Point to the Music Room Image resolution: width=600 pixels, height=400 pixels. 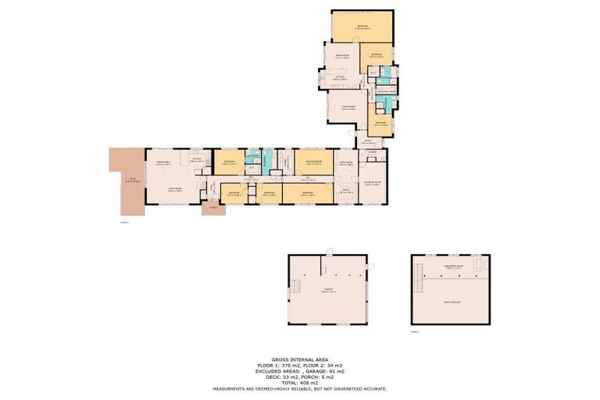click(345, 163)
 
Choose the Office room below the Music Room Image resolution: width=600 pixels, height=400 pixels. click(345, 192)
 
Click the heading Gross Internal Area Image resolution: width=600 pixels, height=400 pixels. click(300, 359)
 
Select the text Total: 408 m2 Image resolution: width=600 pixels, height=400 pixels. click(300, 383)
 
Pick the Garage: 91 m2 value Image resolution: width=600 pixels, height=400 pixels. click(323, 371)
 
